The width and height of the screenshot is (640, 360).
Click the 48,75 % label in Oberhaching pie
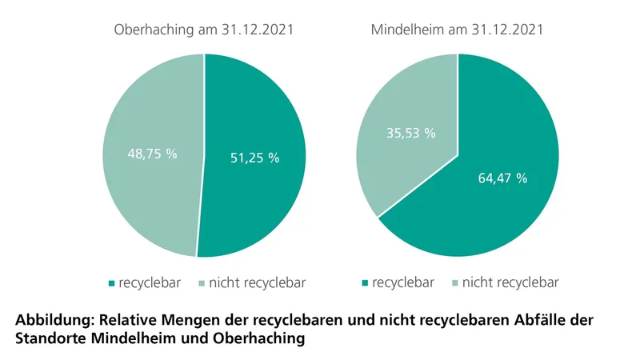pyautogui.click(x=153, y=153)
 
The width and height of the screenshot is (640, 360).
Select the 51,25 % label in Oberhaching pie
pyautogui.click(x=254, y=158)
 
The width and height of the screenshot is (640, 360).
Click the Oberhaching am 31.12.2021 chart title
pyautogui.click(x=204, y=31)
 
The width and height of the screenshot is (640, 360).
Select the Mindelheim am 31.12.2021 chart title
pyautogui.click(x=458, y=31)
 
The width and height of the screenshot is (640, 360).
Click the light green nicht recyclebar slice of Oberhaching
pyautogui.click(x=144, y=192)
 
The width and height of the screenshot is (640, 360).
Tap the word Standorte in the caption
pyautogui.click(x=50, y=338)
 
